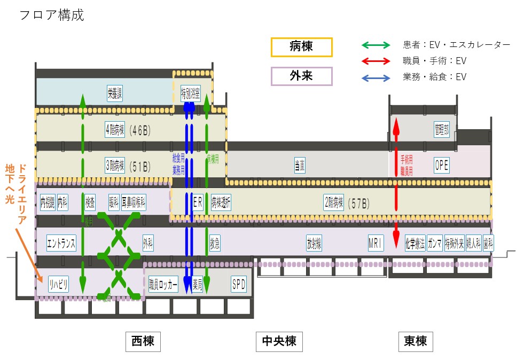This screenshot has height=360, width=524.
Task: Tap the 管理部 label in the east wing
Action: pos(442,130)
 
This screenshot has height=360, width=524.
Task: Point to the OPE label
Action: pos(442,166)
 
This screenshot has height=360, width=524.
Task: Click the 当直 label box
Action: pos(300,166)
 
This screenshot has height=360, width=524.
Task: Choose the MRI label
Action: pos(376,243)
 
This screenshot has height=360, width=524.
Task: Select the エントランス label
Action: pos(61,243)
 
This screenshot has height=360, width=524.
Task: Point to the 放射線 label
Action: pos(314,243)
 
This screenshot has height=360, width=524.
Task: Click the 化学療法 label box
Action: pos(414,243)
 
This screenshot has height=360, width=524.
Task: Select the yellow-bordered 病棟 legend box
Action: pos(301,47)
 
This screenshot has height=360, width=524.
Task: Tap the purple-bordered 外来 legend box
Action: pos(301,76)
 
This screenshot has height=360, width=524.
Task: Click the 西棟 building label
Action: pos(143,341)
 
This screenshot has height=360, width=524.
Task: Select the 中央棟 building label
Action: pos(279,341)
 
